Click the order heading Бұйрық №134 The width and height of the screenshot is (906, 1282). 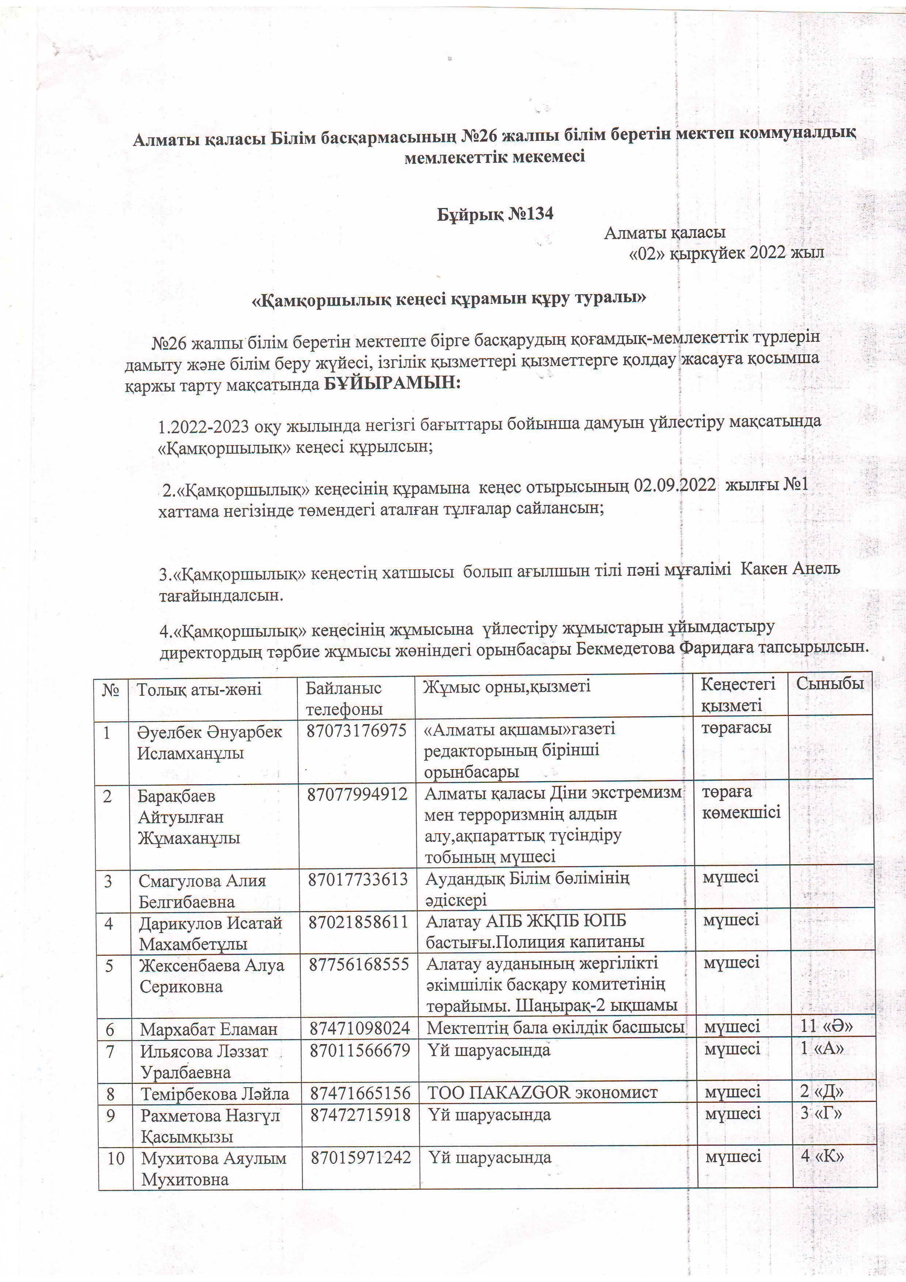pyautogui.click(x=495, y=214)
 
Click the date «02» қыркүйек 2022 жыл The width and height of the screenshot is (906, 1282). pyautogui.click(x=726, y=253)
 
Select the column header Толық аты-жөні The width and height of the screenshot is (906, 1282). pyautogui.click(x=199, y=689)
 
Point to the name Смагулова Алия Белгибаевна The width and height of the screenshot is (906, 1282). pyautogui.click(x=202, y=891)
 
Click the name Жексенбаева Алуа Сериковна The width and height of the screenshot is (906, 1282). pyautogui.click(x=212, y=975)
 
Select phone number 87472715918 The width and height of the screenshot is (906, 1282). pyautogui.click(x=361, y=1115)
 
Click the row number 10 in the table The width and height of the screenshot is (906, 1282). pyautogui.click(x=115, y=1158)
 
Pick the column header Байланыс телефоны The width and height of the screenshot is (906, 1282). pyautogui.click(x=344, y=698)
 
